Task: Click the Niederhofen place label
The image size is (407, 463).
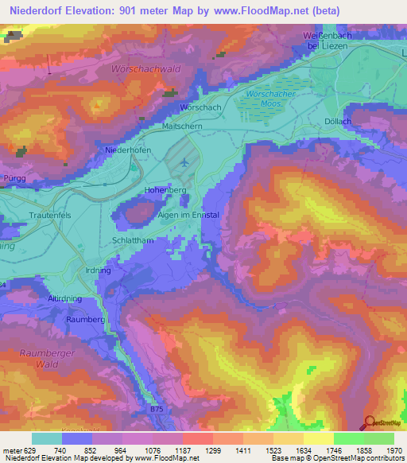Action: tap(128, 150)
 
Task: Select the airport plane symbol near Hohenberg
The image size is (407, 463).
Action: tap(184, 162)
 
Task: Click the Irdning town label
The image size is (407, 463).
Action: tap(95, 270)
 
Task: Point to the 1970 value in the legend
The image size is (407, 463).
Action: tap(393, 451)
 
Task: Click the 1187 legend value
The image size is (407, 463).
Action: tap(182, 451)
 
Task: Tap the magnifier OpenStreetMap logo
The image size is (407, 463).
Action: tap(370, 423)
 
